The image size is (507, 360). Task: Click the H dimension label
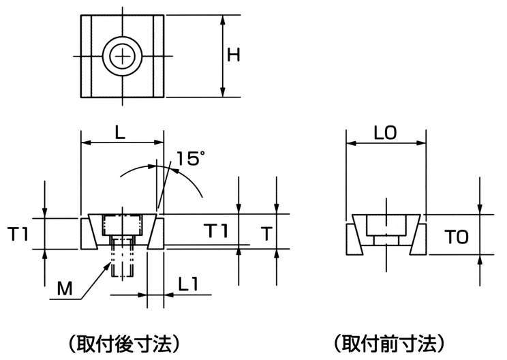coord(234,56)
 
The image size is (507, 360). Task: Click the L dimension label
coord(120,134)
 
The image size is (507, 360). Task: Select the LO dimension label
coord(386,134)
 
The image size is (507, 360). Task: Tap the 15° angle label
coord(190,159)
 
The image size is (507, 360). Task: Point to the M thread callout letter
coord(65,289)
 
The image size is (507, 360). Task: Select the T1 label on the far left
coord(20,235)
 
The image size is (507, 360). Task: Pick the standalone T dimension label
coord(267,232)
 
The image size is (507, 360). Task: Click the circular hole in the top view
coord(123,55)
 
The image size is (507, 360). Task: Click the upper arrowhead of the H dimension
coord(224,18)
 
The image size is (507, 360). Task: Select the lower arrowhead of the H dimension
coord(224,93)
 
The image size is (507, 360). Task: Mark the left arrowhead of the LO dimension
coord(350,143)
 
